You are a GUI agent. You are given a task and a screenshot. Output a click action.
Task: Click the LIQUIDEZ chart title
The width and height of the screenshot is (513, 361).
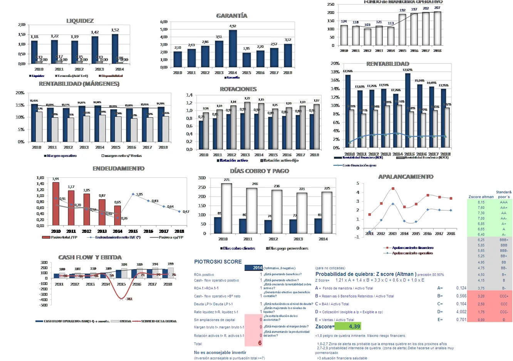80,21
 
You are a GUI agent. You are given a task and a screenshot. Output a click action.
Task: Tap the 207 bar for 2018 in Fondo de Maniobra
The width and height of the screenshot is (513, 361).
438,28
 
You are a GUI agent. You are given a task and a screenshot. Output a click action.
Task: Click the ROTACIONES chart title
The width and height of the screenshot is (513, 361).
238,89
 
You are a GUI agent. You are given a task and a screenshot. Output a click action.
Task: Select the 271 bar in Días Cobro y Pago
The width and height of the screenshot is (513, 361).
226,208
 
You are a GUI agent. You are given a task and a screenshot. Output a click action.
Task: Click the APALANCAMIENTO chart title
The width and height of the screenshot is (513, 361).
406,177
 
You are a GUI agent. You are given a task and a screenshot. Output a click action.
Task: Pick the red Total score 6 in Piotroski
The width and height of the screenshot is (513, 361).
260,343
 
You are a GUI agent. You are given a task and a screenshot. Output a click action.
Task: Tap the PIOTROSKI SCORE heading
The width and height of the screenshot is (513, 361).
218,262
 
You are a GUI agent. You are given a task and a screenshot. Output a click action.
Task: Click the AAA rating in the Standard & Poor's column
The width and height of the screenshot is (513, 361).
503,202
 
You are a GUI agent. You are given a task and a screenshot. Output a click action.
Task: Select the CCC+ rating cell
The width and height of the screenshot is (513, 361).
504,296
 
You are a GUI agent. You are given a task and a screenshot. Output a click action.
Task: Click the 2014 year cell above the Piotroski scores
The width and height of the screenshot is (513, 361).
257,267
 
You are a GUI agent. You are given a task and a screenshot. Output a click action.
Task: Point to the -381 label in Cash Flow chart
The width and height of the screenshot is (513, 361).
129,299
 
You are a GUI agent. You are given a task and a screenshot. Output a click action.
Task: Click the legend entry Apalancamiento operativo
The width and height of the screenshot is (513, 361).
412,253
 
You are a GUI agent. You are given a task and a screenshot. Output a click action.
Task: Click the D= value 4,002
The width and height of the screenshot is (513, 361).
461,312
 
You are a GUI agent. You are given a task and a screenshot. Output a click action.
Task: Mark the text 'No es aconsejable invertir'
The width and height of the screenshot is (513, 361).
220,353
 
